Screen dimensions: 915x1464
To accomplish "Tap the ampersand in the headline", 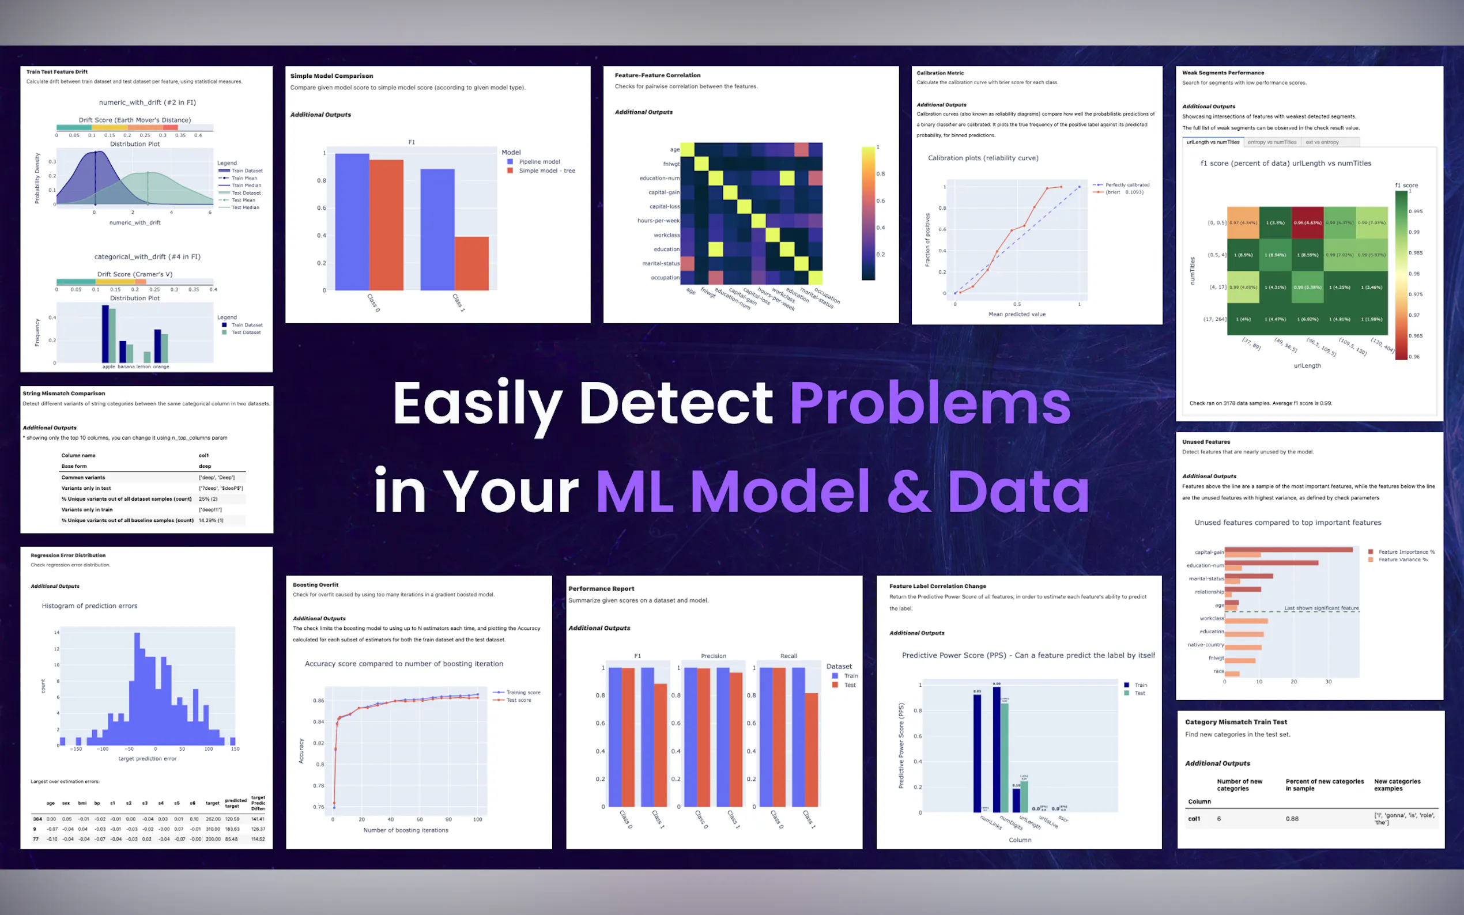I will (908, 491).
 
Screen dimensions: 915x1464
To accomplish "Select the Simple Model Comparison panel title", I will (331, 76).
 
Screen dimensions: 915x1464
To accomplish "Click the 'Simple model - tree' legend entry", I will (546, 171).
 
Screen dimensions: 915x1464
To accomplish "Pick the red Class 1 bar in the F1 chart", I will (471, 263).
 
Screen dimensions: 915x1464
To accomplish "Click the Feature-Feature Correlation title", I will (657, 75).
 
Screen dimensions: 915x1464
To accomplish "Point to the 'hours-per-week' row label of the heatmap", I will (658, 221).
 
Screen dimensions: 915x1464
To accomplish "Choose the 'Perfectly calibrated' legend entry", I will (1127, 184).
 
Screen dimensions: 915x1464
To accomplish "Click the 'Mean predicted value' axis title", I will (1017, 314).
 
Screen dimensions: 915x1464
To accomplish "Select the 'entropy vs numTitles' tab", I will (1271, 142).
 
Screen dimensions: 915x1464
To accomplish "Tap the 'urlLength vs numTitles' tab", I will (1213, 142).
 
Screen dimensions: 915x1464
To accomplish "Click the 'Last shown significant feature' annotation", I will (1321, 607).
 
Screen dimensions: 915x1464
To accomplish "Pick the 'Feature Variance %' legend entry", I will (1402, 559).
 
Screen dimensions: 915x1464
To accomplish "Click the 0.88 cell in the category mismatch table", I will (1292, 819).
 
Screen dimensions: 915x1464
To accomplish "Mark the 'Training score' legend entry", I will (523, 693).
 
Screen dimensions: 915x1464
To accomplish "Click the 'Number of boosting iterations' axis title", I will (406, 830).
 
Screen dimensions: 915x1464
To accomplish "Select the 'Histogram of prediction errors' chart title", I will (89, 606).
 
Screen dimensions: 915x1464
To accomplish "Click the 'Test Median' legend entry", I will (245, 207).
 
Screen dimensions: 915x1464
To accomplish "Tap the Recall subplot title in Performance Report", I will (788, 656).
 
